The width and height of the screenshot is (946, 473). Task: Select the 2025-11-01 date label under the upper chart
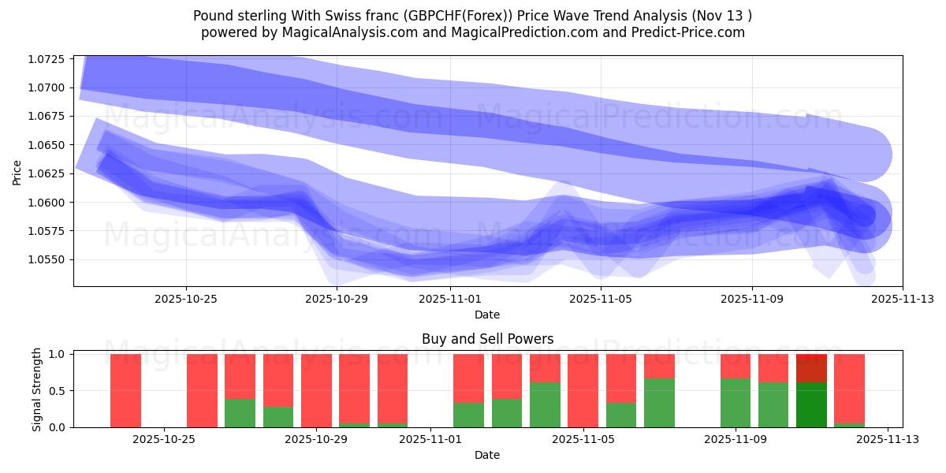(x=449, y=299)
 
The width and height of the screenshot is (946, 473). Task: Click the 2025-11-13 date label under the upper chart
(x=903, y=299)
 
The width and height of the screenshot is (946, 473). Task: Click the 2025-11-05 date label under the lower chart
(x=583, y=440)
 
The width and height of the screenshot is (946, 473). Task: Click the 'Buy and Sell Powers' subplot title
(x=487, y=339)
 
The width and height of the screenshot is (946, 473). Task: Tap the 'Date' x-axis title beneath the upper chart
(x=487, y=315)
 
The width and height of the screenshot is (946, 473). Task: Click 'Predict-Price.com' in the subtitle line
(x=692, y=32)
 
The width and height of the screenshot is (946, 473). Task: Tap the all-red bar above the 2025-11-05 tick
(x=583, y=391)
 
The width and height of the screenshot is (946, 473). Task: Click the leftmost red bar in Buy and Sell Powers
(x=125, y=391)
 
